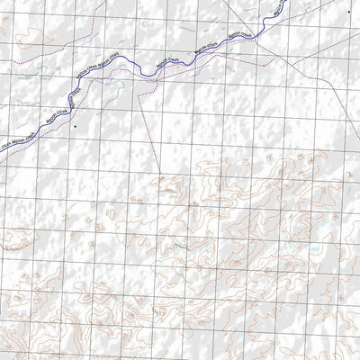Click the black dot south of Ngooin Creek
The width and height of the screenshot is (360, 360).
click(76, 127)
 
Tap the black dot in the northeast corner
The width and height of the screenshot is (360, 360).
click(348, 11)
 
